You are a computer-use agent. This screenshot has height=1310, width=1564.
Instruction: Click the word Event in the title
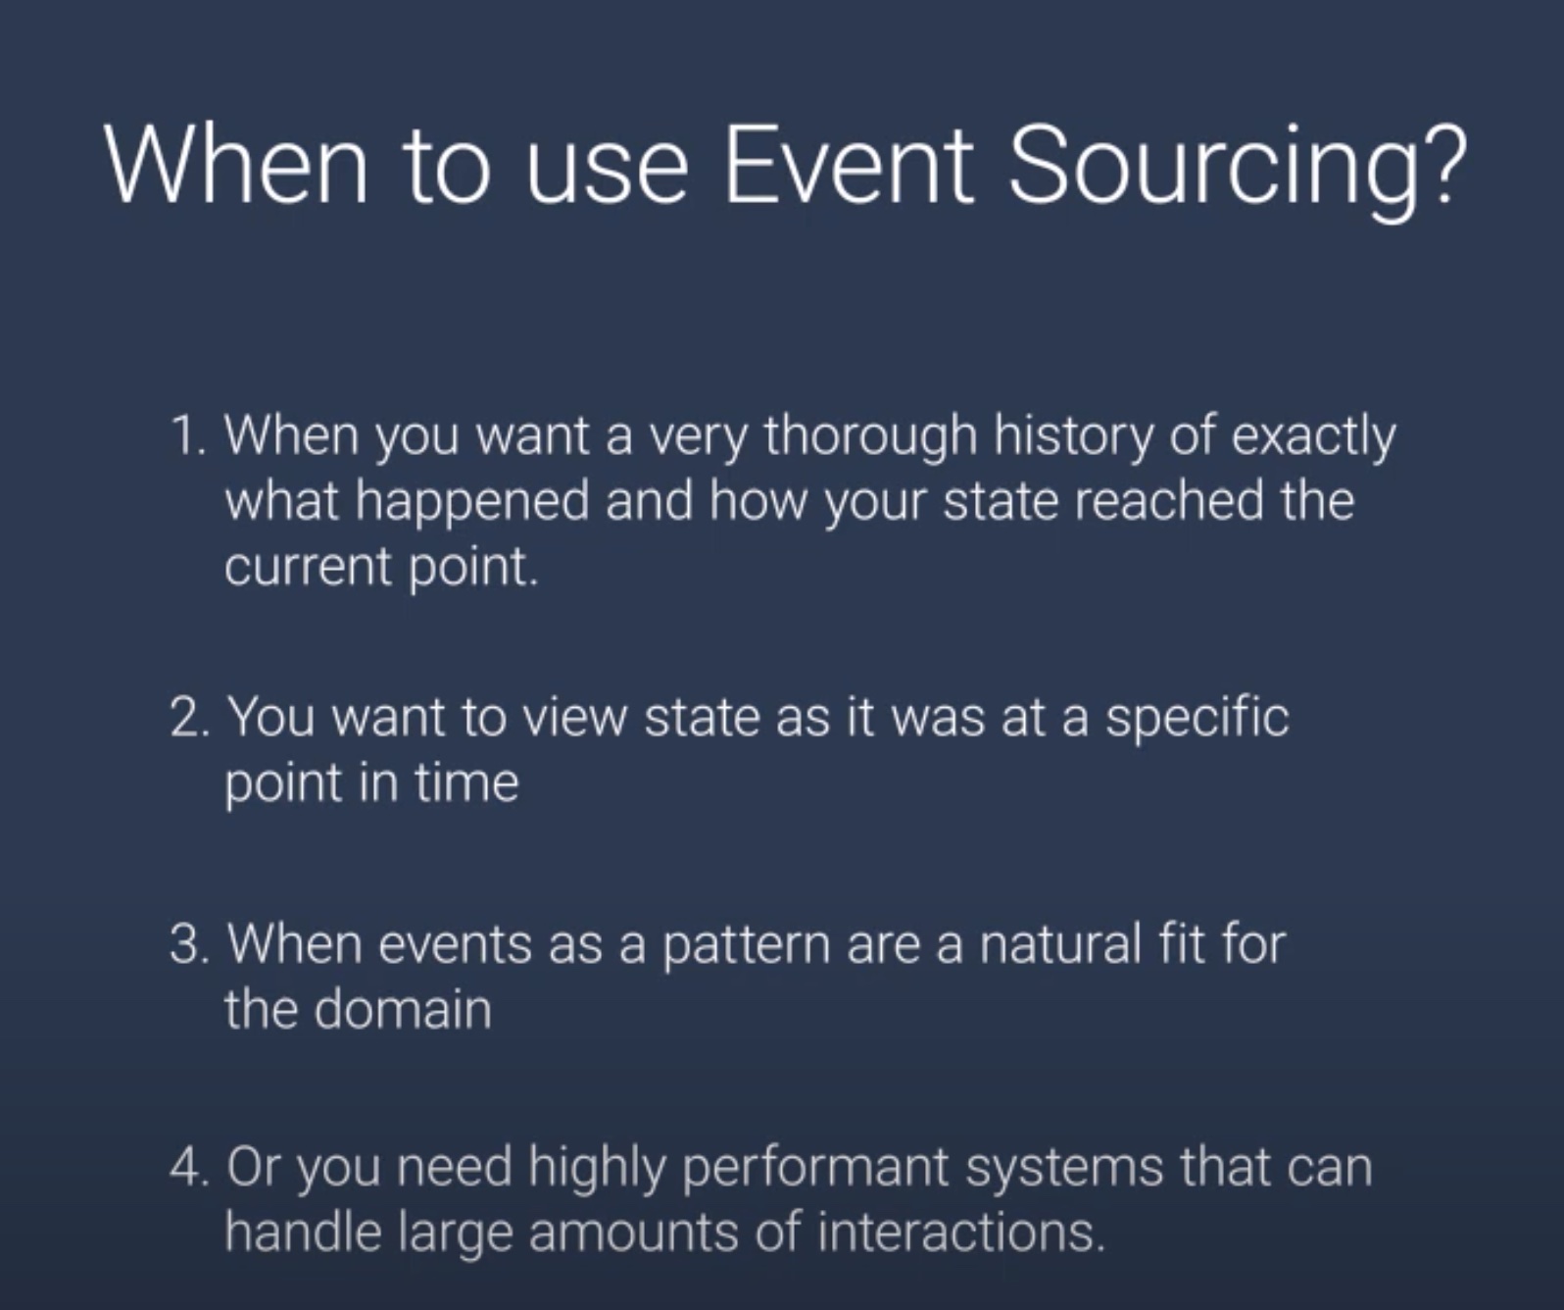(849, 164)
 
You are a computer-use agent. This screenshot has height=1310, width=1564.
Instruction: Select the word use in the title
(607, 174)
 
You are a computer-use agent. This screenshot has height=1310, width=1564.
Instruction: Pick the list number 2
(189, 717)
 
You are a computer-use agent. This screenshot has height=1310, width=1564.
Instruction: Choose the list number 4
(189, 1167)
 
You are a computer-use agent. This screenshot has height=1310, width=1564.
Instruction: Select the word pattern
(747, 948)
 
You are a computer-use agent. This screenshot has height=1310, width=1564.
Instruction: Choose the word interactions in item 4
(961, 1233)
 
